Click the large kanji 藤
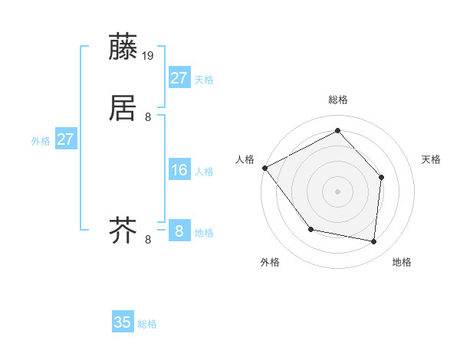(x=124, y=47)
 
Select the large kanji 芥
(x=124, y=229)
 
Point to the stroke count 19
(x=149, y=55)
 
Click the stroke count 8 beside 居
(x=148, y=116)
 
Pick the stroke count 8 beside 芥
(x=148, y=240)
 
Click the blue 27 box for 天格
(x=179, y=78)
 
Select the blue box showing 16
(x=179, y=170)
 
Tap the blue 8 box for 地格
(x=179, y=231)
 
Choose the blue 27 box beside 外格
(x=66, y=139)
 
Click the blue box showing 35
(x=123, y=322)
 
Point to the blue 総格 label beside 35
(x=147, y=324)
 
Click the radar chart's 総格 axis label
(x=337, y=100)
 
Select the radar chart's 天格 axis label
(x=431, y=159)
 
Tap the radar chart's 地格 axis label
(x=402, y=262)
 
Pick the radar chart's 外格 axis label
(x=270, y=262)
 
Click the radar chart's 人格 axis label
(x=245, y=159)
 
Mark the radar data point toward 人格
(x=264, y=168)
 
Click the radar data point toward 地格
(x=373, y=241)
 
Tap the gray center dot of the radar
(x=337, y=191)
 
